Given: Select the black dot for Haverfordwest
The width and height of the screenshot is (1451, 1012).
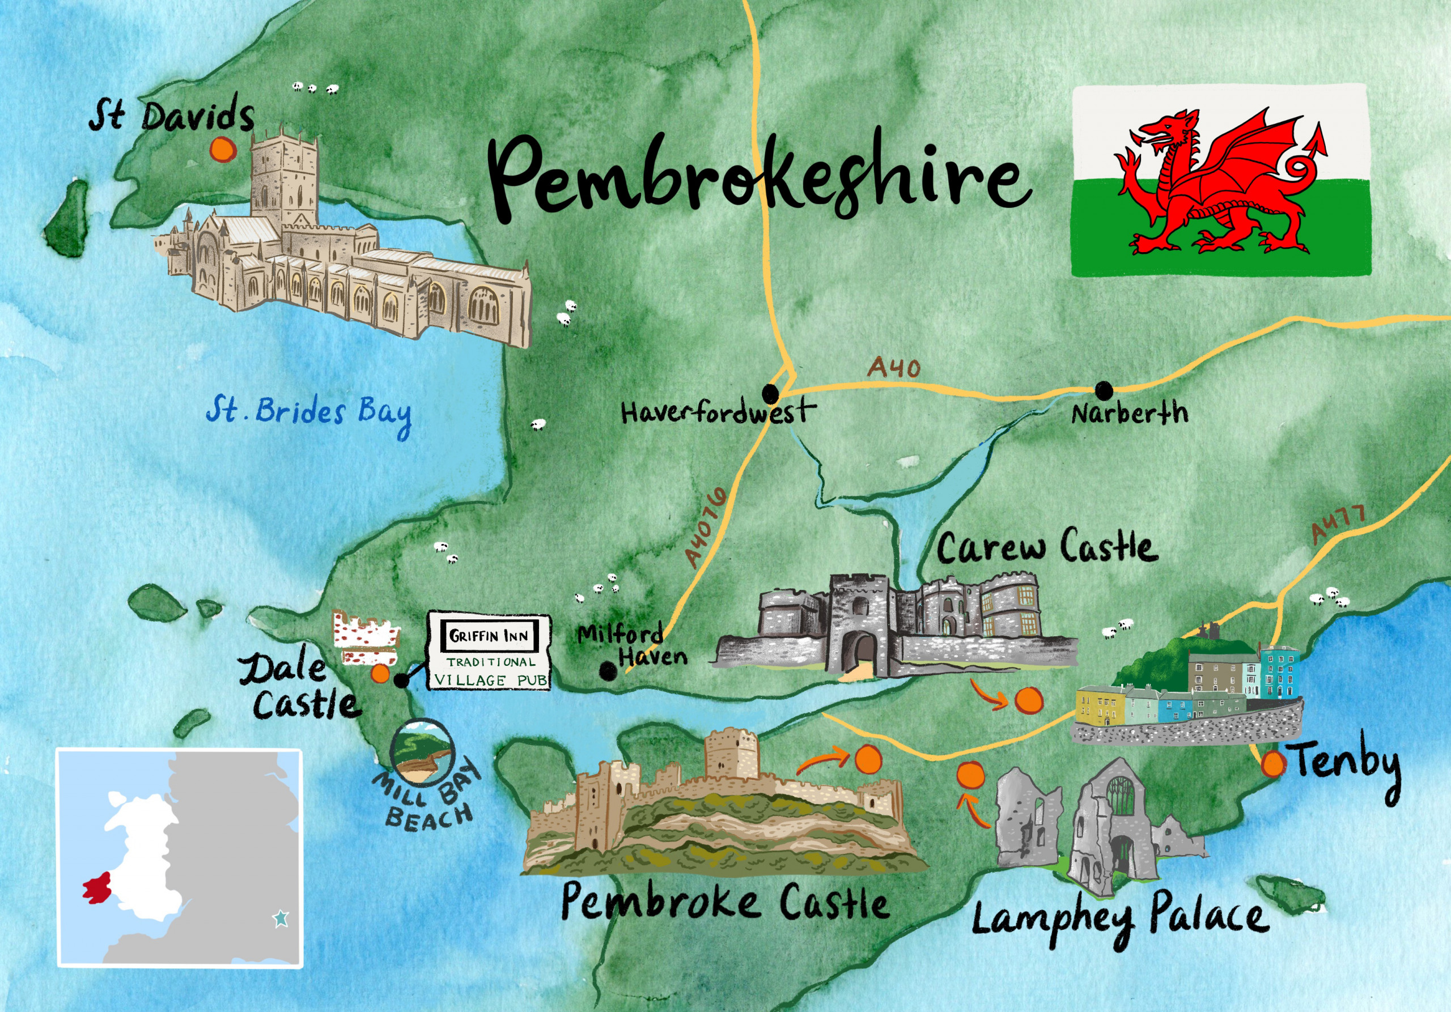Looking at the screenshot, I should (x=770, y=394).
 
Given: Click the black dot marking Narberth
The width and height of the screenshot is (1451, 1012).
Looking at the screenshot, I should (x=1104, y=391).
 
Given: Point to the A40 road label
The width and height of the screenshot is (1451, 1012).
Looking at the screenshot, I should (x=894, y=368).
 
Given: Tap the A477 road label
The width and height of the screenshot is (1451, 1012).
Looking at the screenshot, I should (x=1337, y=524).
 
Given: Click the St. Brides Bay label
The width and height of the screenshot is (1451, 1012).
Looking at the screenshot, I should (x=308, y=414).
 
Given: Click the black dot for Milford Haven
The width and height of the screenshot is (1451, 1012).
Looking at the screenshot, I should (x=608, y=671).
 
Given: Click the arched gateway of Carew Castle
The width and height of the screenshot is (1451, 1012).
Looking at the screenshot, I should (x=863, y=657).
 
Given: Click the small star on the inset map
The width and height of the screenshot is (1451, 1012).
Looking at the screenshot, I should (x=281, y=919).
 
